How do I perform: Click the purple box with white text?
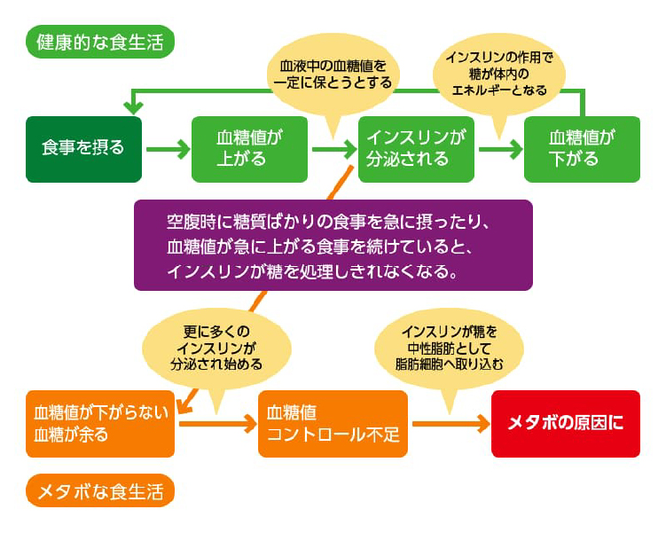click(x=333, y=245)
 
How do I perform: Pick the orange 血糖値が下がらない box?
click(x=100, y=423)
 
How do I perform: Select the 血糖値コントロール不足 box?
click(x=333, y=423)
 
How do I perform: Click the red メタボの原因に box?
click(x=565, y=423)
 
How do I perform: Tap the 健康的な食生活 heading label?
click(x=100, y=41)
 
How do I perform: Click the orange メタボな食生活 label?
click(x=100, y=490)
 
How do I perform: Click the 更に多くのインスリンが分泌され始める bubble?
click(x=217, y=347)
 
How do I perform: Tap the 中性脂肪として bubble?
click(x=449, y=348)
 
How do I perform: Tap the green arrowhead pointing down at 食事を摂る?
click(x=133, y=106)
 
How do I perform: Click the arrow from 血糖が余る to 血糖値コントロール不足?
click(x=215, y=423)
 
